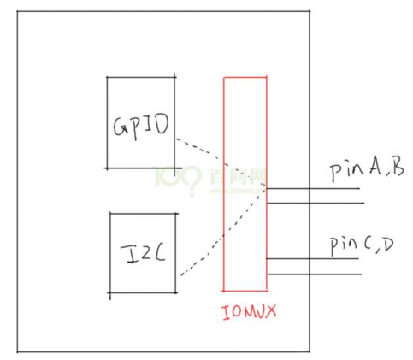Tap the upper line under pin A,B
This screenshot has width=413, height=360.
316,189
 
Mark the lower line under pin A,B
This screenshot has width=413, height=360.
316,204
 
